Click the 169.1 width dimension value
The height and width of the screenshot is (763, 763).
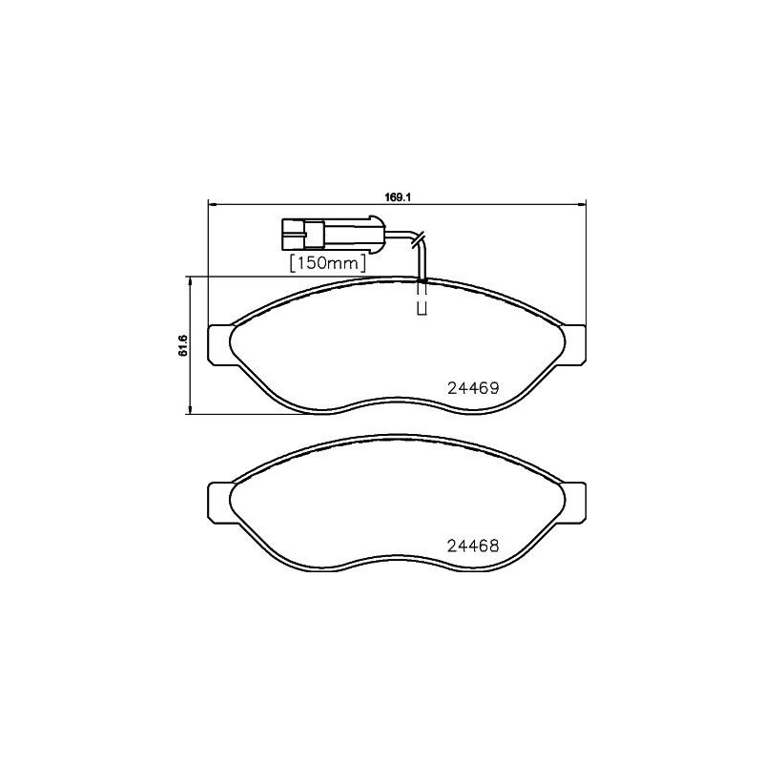pos(397,197)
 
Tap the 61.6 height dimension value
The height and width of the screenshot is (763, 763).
pos(182,346)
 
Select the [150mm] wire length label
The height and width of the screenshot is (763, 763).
pos(328,261)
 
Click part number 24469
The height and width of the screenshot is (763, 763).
pos(474,388)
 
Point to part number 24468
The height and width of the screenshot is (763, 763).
pos(474,547)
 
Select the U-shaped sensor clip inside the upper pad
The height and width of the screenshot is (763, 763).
pos(421,308)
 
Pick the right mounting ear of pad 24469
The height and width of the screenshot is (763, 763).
pos(574,345)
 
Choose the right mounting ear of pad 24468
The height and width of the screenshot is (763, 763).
pos(574,503)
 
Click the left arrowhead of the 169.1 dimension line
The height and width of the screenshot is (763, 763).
pos(212,203)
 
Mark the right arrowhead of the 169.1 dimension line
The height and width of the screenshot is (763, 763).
pos(581,203)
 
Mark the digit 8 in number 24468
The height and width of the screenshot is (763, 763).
pos(496,547)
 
